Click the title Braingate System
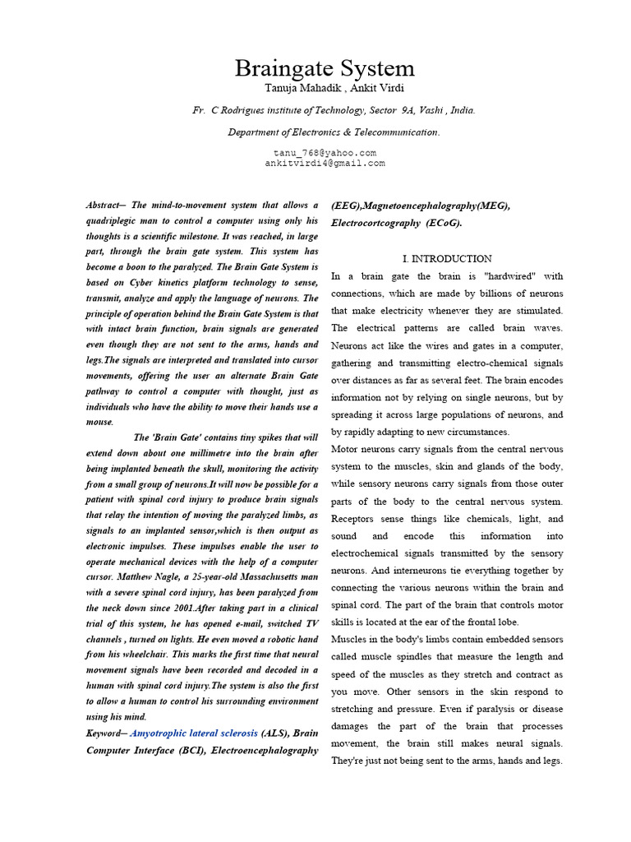[x=325, y=67]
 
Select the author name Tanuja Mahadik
[x=290, y=89]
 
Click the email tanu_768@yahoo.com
[x=324, y=153]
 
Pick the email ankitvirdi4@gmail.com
[x=324, y=163]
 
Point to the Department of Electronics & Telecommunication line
[x=321, y=132]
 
